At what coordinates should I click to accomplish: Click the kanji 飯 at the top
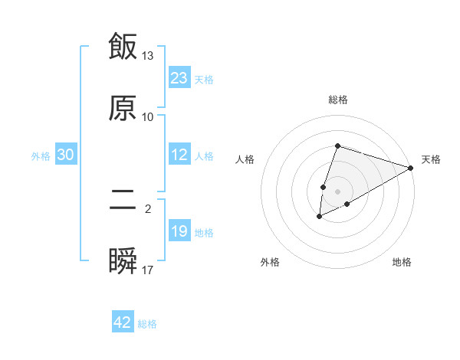tap(123, 47)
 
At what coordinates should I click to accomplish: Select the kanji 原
tap(123, 107)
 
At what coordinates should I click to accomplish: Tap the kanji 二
tap(123, 201)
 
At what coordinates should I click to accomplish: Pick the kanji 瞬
tap(123, 261)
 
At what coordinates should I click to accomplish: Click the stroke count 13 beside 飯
tap(148, 56)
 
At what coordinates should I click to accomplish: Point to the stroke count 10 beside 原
tap(148, 116)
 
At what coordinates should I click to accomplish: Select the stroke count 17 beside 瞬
tap(148, 270)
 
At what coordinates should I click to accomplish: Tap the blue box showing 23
tap(179, 78)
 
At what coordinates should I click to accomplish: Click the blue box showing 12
tap(179, 155)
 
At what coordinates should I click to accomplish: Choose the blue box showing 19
tap(179, 231)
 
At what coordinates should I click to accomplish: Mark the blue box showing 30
tap(66, 155)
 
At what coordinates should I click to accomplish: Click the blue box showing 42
tap(123, 322)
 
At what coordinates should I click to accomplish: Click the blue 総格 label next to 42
tap(147, 324)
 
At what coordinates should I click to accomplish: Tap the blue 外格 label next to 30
tap(41, 156)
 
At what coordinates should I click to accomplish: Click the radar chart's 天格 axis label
tap(431, 159)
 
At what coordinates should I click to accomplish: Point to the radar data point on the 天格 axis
tap(411, 168)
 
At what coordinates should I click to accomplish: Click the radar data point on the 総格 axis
tap(337, 146)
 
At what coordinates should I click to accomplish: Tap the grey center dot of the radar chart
tap(337, 191)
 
